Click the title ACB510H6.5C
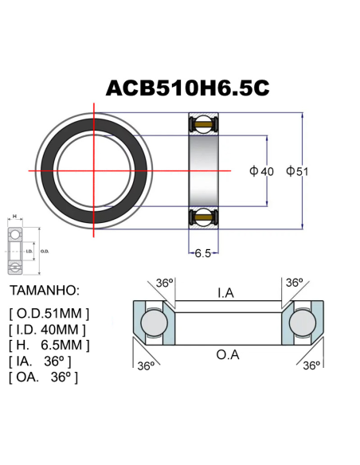[187, 88]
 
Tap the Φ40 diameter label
[261, 171]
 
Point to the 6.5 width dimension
[202, 253]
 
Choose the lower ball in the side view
[202, 217]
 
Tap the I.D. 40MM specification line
[47, 329]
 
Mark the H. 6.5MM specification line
[49, 345]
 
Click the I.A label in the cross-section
[225, 294]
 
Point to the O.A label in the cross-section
[228, 354]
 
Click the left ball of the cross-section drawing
[152, 323]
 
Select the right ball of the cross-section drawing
[303, 323]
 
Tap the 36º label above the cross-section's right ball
[295, 283]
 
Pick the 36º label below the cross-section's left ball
[145, 365]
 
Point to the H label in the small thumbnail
[14, 216]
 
